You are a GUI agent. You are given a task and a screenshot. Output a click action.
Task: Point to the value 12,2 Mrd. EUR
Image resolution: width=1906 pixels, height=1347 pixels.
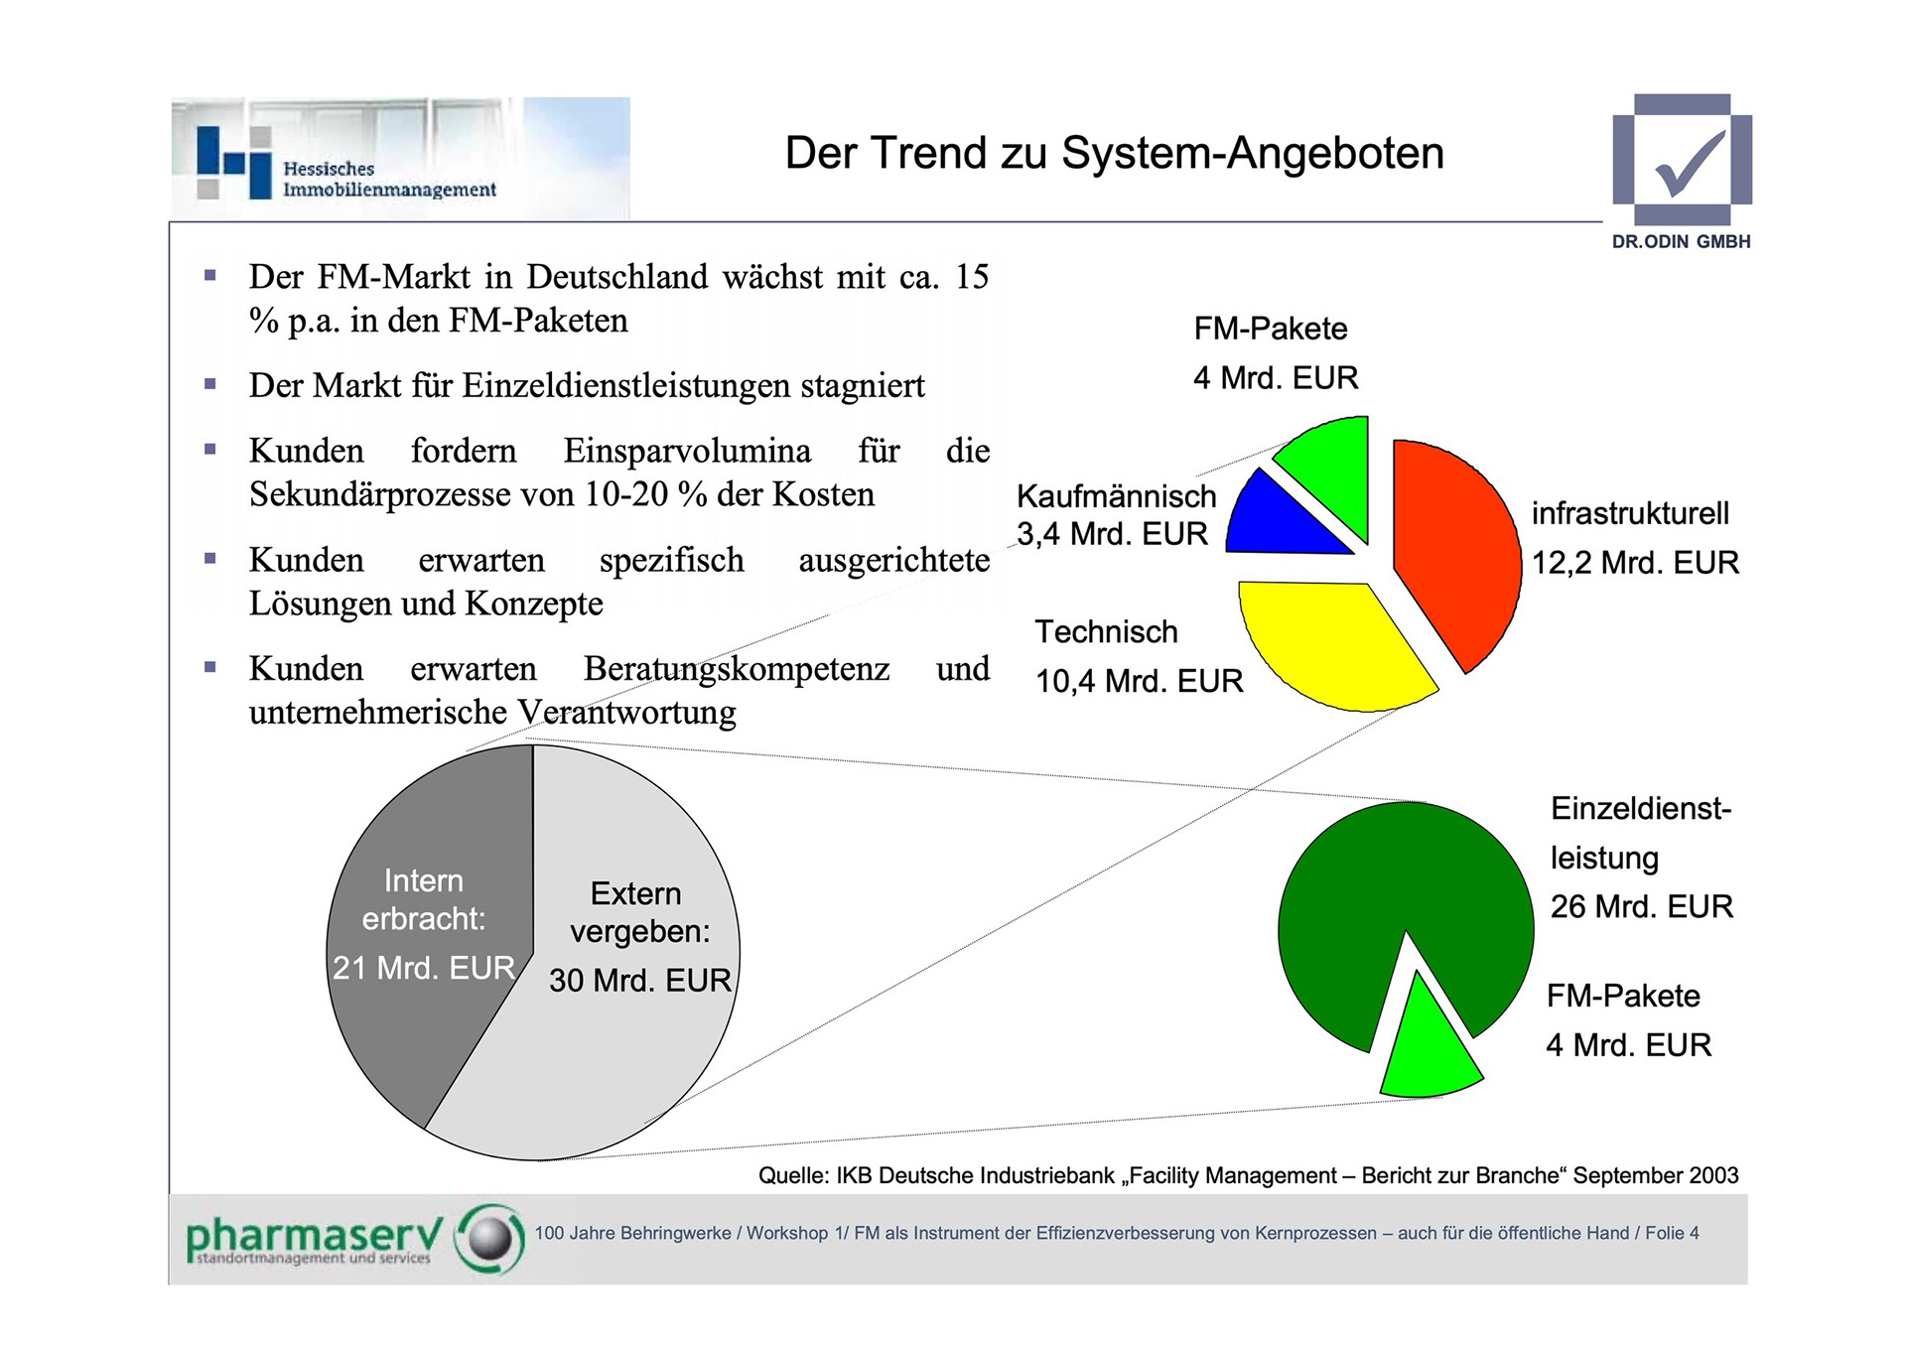(1635, 563)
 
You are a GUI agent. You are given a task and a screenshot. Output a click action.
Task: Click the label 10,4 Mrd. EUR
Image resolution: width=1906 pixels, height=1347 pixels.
(1139, 681)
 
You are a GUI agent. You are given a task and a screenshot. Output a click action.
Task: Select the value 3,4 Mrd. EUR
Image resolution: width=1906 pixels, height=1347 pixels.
(1112, 534)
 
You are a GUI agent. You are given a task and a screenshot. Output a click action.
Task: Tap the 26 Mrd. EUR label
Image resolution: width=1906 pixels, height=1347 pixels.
(1642, 906)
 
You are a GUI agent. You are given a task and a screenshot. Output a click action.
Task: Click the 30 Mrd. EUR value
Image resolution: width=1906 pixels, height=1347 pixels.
(640, 981)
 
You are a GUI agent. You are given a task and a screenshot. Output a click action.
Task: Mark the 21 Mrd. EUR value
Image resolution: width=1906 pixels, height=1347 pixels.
(424, 968)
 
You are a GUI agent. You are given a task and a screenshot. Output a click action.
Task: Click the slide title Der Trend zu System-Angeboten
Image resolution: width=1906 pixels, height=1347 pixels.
(1114, 154)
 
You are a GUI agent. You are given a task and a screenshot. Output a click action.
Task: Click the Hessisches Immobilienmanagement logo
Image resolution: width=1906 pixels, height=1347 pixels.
(400, 158)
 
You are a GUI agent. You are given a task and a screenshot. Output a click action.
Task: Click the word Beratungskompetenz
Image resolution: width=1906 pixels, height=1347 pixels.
(737, 669)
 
